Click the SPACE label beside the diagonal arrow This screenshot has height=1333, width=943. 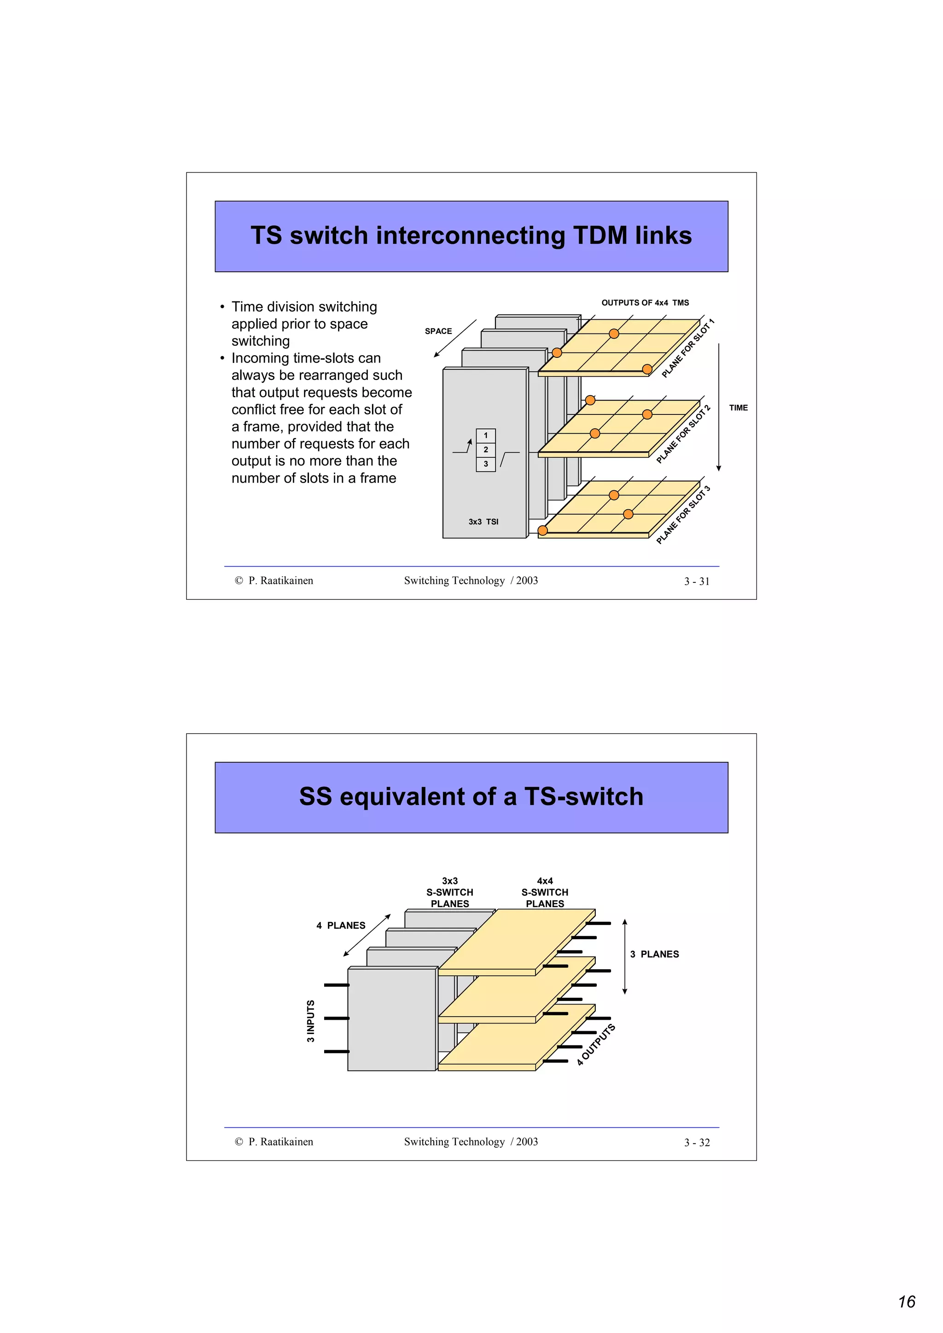(438, 331)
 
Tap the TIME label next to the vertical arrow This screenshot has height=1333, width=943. (738, 408)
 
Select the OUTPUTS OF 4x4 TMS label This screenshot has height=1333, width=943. (645, 303)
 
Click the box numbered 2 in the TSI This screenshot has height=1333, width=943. (486, 449)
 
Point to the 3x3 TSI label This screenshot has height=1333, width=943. (483, 521)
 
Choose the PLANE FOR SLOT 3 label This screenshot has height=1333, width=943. (683, 515)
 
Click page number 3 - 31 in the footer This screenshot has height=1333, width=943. (697, 581)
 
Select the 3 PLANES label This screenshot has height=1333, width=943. (654, 954)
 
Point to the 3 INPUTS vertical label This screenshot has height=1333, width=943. (310, 1021)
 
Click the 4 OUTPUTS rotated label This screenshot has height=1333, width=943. (595, 1045)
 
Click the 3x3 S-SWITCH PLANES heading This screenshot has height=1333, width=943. (450, 892)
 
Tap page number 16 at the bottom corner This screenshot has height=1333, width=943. (907, 1302)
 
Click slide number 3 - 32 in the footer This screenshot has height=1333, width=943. (697, 1143)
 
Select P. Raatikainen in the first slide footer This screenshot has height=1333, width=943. (280, 580)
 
